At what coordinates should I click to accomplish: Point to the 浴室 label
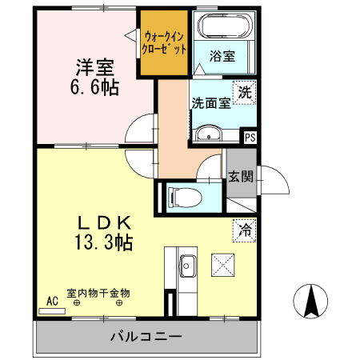point(222,57)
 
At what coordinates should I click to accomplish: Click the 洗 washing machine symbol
point(245,92)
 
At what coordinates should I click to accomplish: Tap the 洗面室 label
point(210,103)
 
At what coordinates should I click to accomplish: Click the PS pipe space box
point(250,137)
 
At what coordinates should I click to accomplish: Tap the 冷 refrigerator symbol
point(243,229)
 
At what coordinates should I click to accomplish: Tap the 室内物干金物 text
point(98,293)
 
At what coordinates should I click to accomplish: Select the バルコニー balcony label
point(146,336)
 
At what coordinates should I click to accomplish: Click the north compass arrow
point(311,299)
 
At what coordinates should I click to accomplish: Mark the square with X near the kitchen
point(221,263)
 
